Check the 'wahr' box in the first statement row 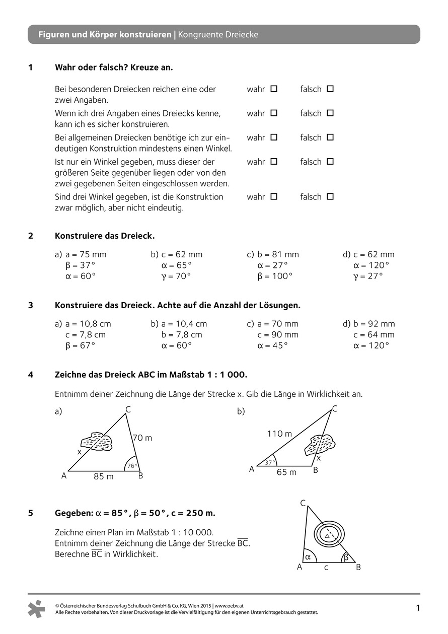[274, 89]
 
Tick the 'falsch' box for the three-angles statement [330, 196]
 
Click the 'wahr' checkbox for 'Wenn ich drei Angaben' [274, 113]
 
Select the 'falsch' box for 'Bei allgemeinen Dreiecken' [330, 137]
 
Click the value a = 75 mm [86, 254]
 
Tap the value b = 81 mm [278, 254]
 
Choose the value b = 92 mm [374, 324]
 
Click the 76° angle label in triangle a [132, 466]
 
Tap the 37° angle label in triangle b [270, 462]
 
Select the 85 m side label [104, 476]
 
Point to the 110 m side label [279, 434]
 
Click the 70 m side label [142, 438]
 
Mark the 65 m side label [286, 472]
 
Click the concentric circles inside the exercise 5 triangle [327, 534]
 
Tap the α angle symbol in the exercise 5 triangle [308, 556]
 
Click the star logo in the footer [36, 609]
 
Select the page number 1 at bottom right [417, 608]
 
